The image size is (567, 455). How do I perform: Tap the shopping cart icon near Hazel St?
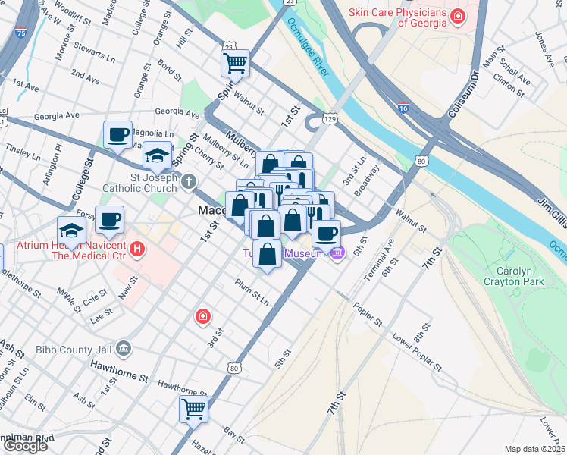tap(193, 409)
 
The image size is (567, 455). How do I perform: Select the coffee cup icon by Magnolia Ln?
tap(117, 135)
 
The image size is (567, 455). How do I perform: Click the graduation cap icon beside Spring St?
tap(157, 156)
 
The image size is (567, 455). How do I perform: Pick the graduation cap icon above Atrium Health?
tap(71, 230)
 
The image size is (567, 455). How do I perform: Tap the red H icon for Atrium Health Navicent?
tap(136, 248)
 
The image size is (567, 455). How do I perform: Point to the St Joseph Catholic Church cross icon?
tap(189, 181)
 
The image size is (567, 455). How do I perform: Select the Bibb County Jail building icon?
tap(124, 350)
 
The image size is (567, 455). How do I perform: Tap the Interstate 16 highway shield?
tap(403, 109)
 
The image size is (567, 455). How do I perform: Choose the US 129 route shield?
tap(330, 118)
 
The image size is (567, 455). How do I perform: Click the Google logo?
tap(25, 446)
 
